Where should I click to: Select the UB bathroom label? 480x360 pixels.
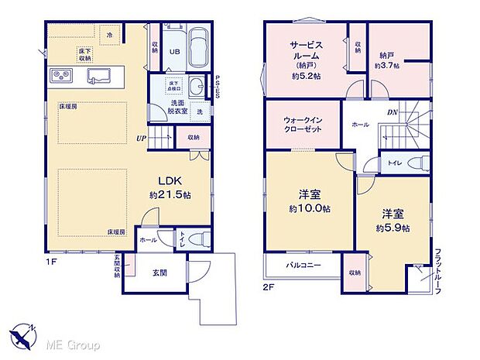[175, 53]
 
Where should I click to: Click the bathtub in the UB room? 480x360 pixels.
[198, 48]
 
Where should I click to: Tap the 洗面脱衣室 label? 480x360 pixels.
[178, 107]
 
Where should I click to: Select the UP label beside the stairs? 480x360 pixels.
[141, 139]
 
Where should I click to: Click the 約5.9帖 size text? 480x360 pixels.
[394, 228]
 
